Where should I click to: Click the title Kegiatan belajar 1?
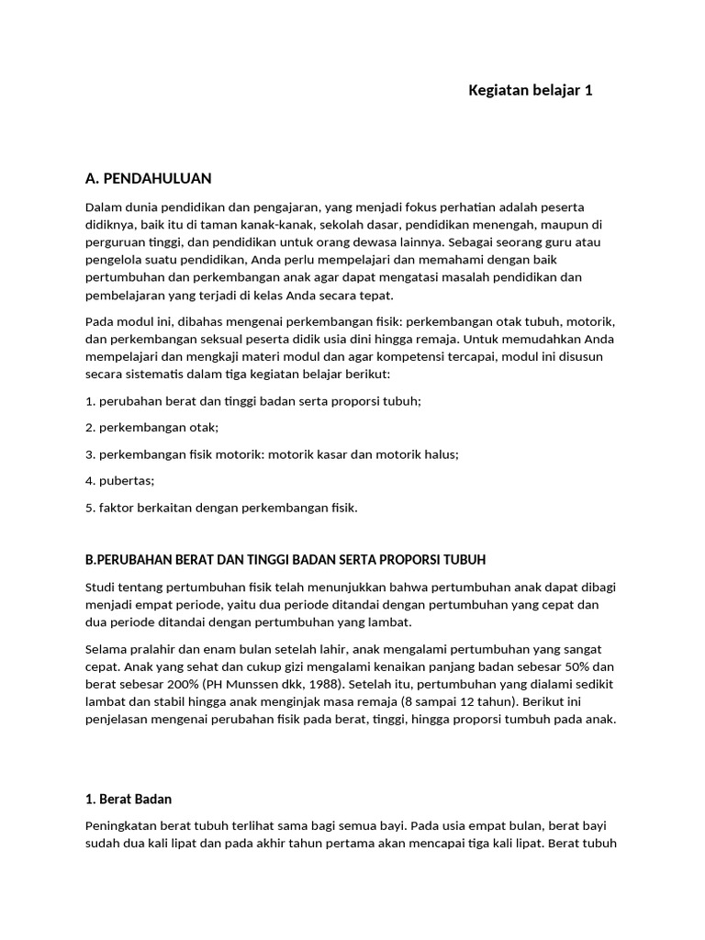531,90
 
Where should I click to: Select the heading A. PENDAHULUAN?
148,177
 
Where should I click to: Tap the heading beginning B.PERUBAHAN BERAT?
285,559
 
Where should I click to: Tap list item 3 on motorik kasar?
272,453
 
